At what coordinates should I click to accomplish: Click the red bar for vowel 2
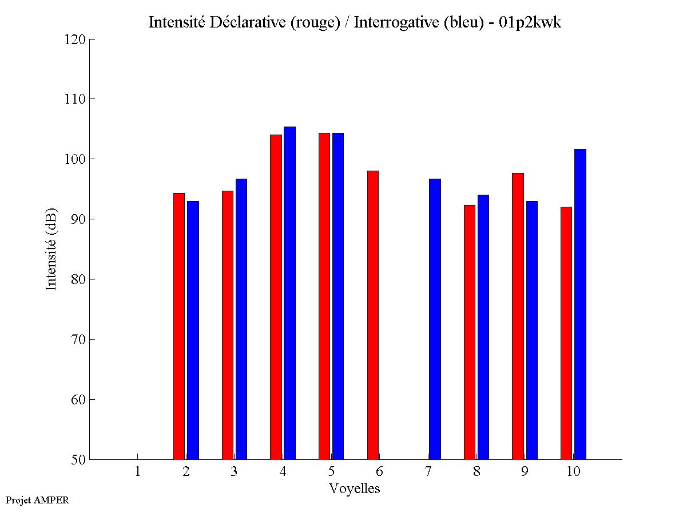(179, 326)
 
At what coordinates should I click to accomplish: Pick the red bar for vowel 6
(373, 315)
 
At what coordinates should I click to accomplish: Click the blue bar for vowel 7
(435, 319)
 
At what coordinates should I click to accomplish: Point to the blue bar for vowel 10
(580, 304)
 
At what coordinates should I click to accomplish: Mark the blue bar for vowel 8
(483, 327)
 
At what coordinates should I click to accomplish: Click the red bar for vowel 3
(227, 325)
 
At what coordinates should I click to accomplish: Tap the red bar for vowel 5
(324, 296)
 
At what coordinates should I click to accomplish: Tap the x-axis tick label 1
(137, 471)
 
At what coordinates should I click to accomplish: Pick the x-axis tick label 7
(428, 471)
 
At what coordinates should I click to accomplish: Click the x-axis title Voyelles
(355, 489)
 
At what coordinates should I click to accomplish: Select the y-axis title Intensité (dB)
(51, 249)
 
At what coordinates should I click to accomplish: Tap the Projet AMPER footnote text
(37, 500)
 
